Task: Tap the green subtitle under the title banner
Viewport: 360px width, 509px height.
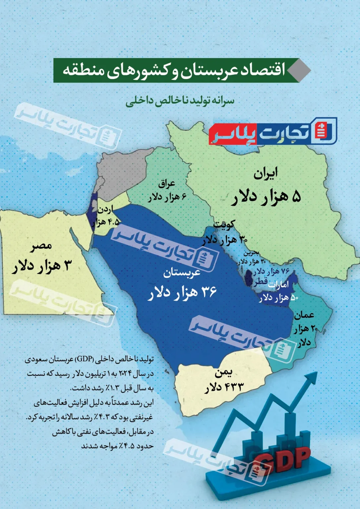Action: click(180, 100)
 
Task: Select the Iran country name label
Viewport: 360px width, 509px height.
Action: click(266, 174)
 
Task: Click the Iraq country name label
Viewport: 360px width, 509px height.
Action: click(167, 183)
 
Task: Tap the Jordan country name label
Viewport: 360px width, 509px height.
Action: click(105, 209)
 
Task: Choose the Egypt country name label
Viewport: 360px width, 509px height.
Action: click(42, 246)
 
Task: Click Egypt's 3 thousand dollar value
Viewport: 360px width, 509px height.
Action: click(42, 266)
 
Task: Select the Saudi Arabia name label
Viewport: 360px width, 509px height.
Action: click(182, 273)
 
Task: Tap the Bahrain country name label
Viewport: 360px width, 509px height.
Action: click(251, 253)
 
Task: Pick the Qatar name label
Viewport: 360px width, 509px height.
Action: click(261, 282)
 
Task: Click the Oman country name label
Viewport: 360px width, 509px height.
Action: click(304, 315)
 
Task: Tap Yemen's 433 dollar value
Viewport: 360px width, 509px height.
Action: click(224, 387)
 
